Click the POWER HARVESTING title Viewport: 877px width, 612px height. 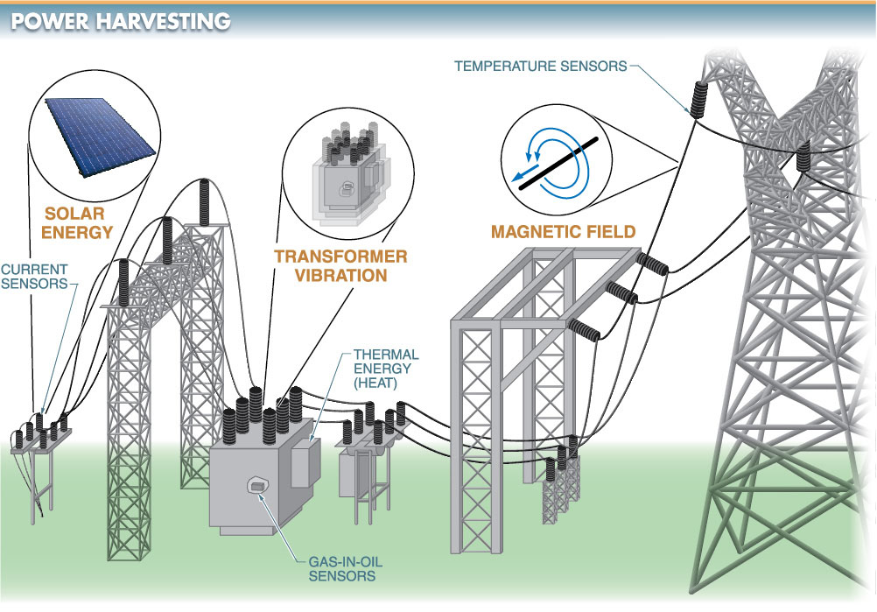(x=120, y=20)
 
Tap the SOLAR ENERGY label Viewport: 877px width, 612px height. (x=80, y=222)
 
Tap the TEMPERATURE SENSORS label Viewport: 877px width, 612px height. (x=540, y=66)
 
